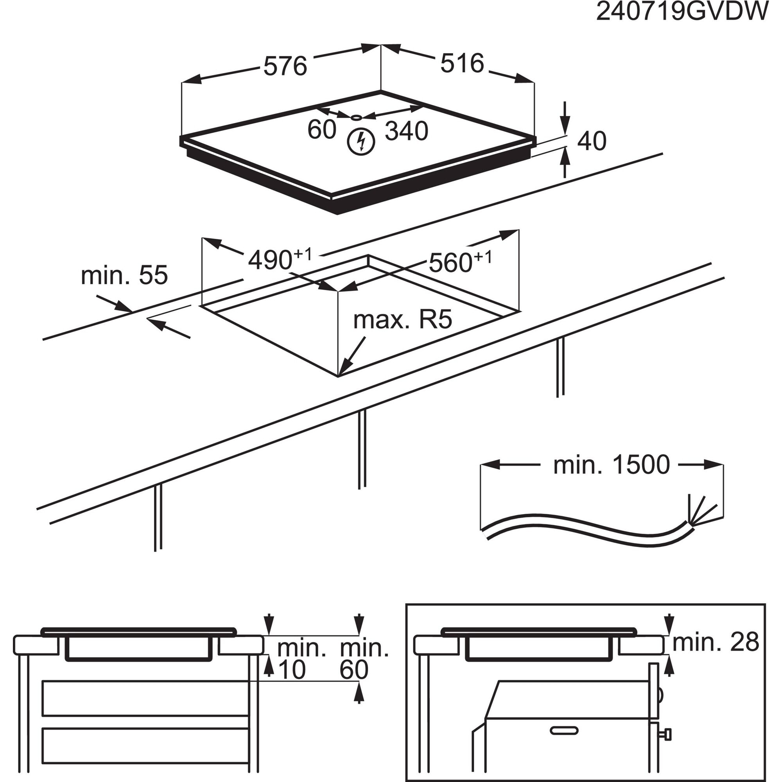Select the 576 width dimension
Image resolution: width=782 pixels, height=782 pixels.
pyautogui.click(x=285, y=66)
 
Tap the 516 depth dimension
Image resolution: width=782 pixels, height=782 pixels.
pyautogui.click(x=462, y=64)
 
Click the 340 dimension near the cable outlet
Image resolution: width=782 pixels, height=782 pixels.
pyautogui.click(x=406, y=131)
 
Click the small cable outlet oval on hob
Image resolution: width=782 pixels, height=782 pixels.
pyautogui.click(x=356, y=118)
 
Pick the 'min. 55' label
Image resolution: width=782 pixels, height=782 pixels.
pyautogui.click(x=124, y=275)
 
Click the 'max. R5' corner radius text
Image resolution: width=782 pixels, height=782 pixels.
pyautogui.click(x=402, y=320)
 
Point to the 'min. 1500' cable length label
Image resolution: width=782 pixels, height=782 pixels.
pyautogui.click(x=611, y=465)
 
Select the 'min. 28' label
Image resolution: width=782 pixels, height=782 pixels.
pyautogui.click(x=716, y=642)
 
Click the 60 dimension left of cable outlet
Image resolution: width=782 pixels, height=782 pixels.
pyautogui.click(x=321, y=130)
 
